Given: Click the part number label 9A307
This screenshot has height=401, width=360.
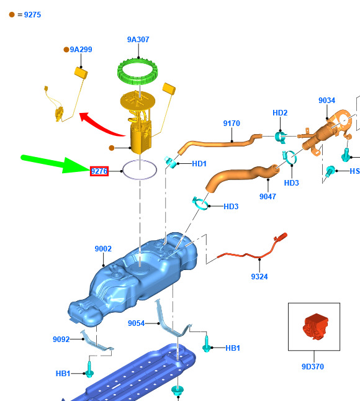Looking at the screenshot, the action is click(138, 40).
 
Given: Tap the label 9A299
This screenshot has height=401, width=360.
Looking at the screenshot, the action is click(81, 50).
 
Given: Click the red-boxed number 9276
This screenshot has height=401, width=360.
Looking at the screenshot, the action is click(99, 171).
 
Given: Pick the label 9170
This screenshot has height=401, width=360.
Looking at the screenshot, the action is click(232, 124).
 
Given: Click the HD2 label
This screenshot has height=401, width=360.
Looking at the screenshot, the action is click(280, 113).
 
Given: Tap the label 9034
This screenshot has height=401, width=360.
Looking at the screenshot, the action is click(326, 101).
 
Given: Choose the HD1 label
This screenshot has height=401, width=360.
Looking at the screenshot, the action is click(199, 164).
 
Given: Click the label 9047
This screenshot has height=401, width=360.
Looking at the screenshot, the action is click(268, 196).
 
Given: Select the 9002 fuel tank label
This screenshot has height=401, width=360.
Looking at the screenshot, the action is click(103, 248).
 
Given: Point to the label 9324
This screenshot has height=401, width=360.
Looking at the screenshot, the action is click(259, 276).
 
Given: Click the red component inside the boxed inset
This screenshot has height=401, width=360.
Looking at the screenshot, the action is click(315, 327).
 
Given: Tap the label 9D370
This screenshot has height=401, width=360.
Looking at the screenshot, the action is click(313, 366).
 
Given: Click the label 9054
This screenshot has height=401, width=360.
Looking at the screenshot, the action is click(137, 323).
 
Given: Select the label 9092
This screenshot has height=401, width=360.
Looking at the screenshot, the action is click(61, 339).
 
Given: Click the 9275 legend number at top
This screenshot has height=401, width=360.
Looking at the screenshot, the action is click(32, 15).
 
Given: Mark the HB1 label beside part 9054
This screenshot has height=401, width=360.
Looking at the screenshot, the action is click(233, 348).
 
